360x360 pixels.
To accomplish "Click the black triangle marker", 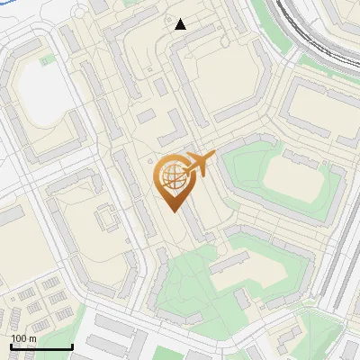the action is click(181, 24).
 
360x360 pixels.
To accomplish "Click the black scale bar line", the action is click(41, 347).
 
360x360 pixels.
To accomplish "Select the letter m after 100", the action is click(32, 338).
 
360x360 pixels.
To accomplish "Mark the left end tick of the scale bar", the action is click(11, 346).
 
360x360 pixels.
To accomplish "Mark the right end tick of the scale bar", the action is click(72, 346).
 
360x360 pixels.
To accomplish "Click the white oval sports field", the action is click(39, 89).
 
